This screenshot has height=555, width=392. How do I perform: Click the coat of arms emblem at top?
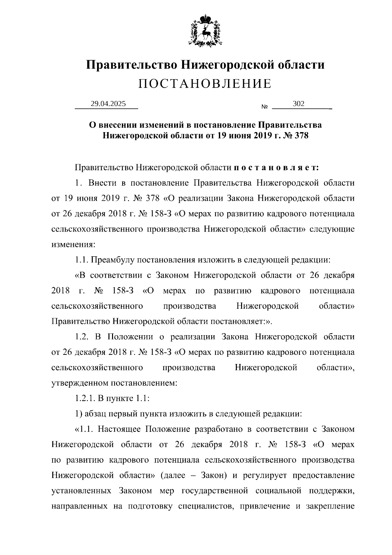pos(205,30)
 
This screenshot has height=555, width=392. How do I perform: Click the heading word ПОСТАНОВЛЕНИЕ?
pos(205,84)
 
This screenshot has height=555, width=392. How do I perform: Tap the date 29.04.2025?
pos(108,104)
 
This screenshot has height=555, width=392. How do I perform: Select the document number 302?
pos(299,104)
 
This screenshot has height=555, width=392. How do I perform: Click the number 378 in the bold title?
pos(301,135)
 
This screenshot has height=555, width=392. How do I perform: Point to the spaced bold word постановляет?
pos(276,167)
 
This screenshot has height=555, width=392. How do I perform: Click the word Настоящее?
pos(119,429)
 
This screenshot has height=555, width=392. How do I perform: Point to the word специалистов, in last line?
pos(207,506)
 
